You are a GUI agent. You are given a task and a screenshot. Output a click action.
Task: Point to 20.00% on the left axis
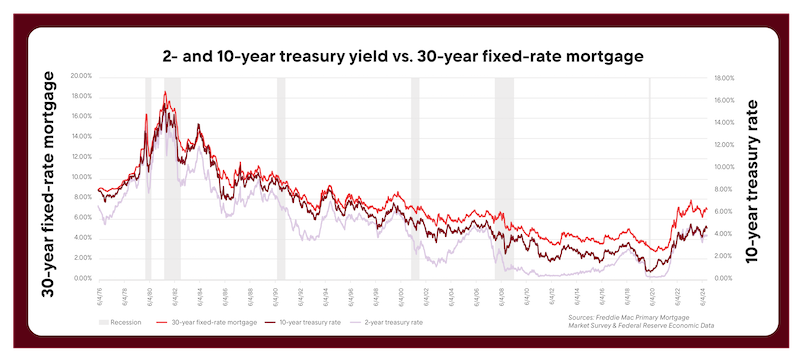pyautogui.click(x=79, y=76)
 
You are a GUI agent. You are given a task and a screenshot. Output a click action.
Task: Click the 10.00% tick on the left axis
pyautogui.click(x=79, y=177)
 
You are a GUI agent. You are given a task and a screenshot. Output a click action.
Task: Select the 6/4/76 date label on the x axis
pyautogui.click(x=99, y=297)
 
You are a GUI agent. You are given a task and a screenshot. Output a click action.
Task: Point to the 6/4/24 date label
pyautogui.click(x=704, y=297)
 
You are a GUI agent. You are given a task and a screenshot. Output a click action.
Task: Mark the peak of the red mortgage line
pyautogui.click(x=164, y=92)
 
